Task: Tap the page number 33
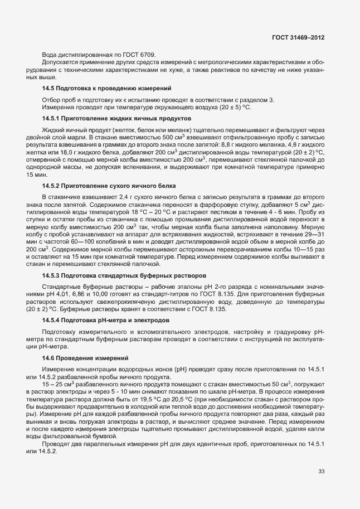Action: coord(321,471)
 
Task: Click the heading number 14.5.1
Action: coord(52,119)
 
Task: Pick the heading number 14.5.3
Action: coord(52,276)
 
